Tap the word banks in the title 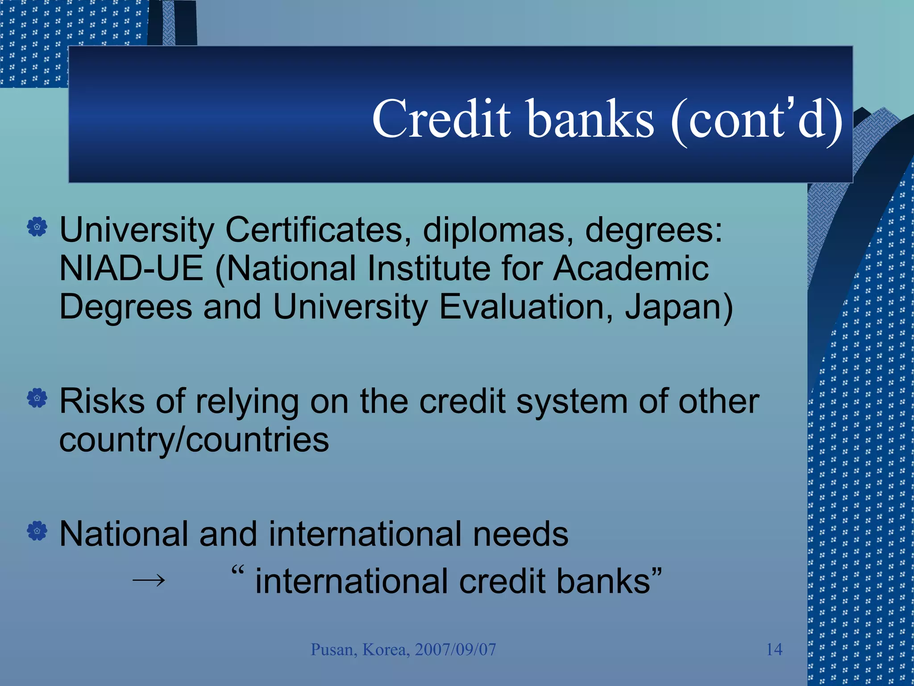(591, 119)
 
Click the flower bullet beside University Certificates (37, 227)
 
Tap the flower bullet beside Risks (37, 397)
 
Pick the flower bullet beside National (37, 531)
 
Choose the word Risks (102, 401)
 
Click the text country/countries (194, 440)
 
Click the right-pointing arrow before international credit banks (149, 581)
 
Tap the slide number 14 (774, 649)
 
